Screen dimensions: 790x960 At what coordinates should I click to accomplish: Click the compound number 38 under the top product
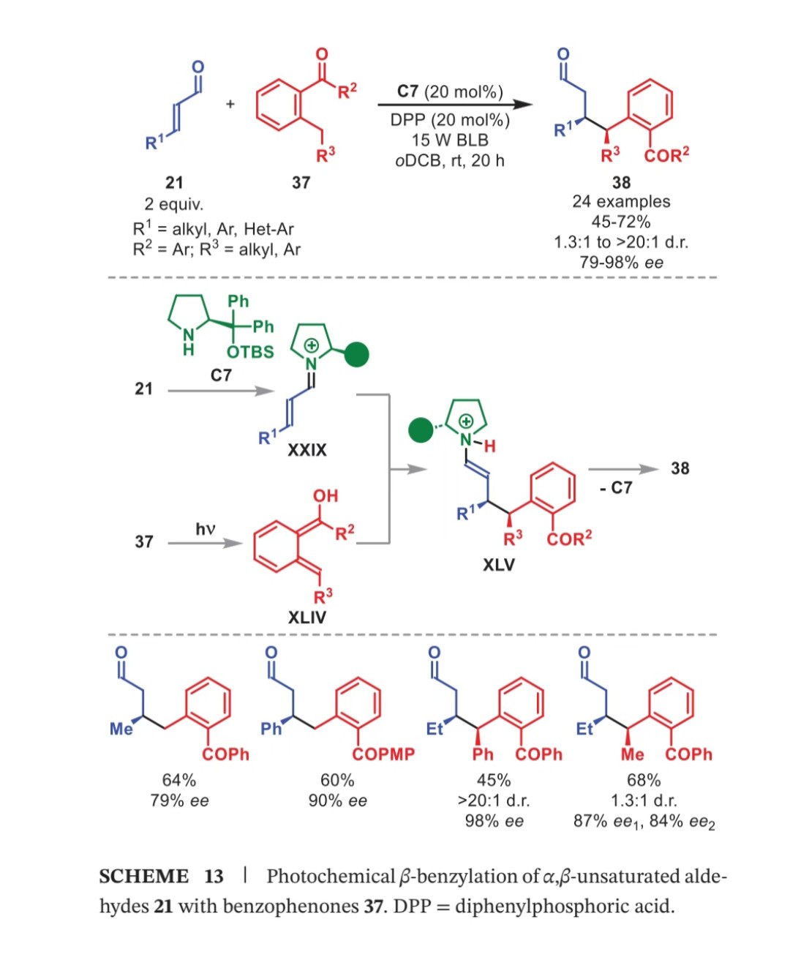621,182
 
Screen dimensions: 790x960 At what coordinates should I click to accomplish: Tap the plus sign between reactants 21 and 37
230,104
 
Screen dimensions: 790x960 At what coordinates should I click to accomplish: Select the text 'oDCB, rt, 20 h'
450,161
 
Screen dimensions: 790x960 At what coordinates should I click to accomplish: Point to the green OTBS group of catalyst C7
250,352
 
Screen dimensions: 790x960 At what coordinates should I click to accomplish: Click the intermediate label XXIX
307,450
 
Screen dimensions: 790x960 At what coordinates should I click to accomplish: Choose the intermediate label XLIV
307,618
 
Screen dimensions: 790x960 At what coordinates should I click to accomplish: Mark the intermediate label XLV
499,566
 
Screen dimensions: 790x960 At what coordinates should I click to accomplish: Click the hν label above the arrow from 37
206,528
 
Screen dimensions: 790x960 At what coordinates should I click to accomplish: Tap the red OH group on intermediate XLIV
326,495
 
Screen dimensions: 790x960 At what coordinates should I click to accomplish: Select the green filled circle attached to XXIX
357,355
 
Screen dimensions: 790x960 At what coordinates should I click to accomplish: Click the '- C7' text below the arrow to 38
616,487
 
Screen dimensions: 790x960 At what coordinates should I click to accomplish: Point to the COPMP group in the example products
383,754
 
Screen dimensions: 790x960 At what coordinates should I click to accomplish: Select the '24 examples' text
621,202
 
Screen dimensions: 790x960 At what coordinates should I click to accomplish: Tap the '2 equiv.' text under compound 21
174,204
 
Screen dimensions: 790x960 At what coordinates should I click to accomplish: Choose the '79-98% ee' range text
621,262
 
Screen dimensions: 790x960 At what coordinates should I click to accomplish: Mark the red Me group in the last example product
633,754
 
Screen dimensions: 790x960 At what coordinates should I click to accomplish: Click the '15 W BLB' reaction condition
450,140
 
